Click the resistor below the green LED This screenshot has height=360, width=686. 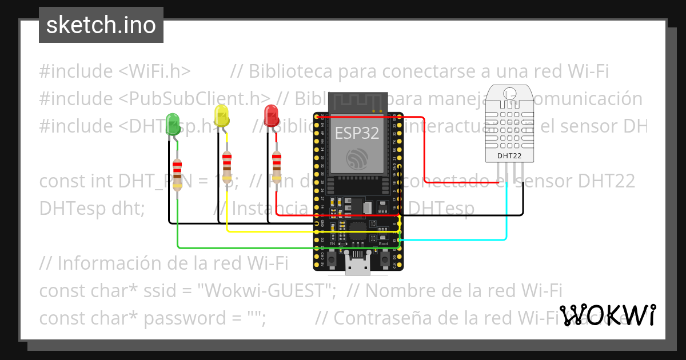178,174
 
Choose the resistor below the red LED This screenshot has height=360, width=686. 277,166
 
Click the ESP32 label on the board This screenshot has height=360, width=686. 357,133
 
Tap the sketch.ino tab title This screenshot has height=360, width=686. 101,25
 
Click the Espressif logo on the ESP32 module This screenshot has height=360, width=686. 357,158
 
